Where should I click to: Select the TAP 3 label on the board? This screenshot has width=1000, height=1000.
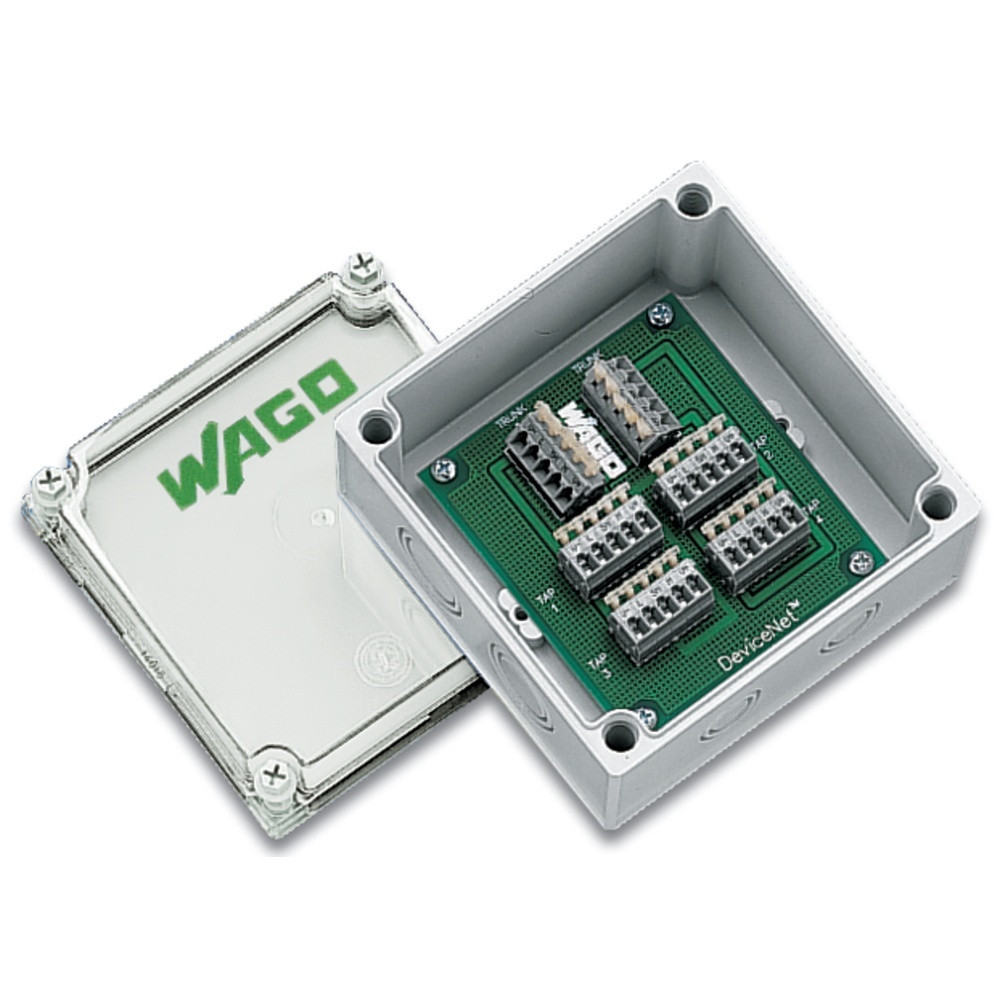click(600, 665)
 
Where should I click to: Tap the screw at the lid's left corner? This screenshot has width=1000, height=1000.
click(50, 485)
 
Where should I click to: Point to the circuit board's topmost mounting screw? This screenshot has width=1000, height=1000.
click(661, 315)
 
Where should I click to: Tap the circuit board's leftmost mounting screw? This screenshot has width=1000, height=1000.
click(443, 467)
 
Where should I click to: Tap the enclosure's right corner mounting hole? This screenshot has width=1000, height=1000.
click(937, 502)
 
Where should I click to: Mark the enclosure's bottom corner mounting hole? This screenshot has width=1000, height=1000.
click(620, 736)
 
